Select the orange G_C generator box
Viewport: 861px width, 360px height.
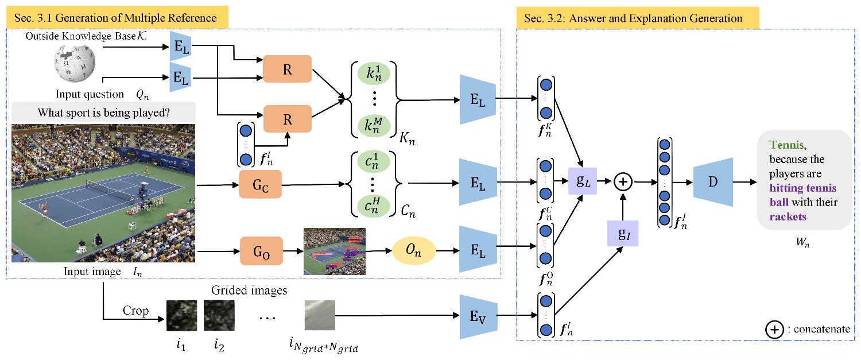[260, 185]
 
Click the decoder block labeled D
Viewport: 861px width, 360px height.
[712, 182]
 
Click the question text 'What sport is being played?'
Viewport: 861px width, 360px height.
[103, 113]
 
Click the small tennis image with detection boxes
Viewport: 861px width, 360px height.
[335, 251]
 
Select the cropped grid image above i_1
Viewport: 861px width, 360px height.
[181, 315]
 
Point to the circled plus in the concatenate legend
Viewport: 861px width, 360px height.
[773, 329]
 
